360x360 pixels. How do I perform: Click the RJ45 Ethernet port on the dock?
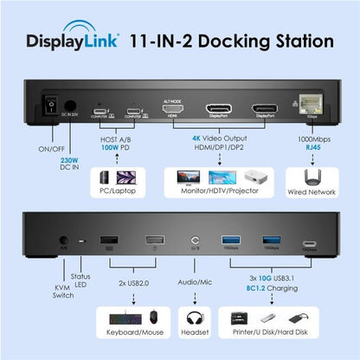(310, 110)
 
